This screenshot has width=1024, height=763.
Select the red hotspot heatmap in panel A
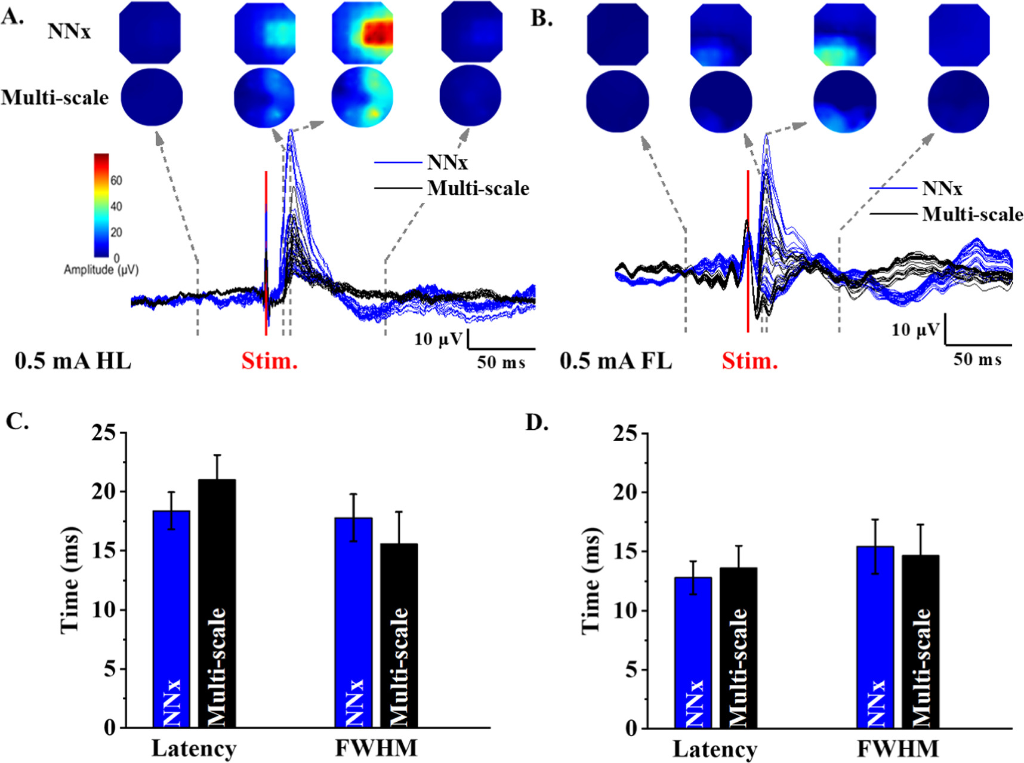pyautogui.click(x=363, y=33)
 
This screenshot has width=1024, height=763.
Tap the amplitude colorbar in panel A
pyautogui.click(x=101, y=205)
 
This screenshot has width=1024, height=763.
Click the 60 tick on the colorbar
pyautogui.click(x=116, y=180)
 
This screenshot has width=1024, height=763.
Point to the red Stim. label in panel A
pyautogui.click(x=269, y=361)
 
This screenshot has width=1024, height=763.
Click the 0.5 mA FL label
pyautogui.click(x=615, y=361)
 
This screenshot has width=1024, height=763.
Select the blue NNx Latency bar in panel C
pyautogui.click(x=171, y=619)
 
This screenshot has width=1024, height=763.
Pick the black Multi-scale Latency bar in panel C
pyautogui.click(x=217, y=603)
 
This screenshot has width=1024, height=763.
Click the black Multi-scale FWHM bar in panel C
pyautogui.click(x=399, y=635)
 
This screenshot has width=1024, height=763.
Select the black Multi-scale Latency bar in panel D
pyautogui.click(x=738, y=647)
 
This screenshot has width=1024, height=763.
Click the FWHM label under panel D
pyautogui.click(x=897, y=748)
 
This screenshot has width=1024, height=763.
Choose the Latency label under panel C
pyautogui.click(x=194, y=748)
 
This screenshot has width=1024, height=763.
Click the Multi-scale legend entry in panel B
pyautogui.click(x=972, y=214)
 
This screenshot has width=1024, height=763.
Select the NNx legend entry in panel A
pyautogui.click(x=447, y=162)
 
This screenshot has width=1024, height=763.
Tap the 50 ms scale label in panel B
pyautogui.click(x=977, y=359)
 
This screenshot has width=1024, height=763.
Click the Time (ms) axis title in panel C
pyautogui.click(x=70, y=580)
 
